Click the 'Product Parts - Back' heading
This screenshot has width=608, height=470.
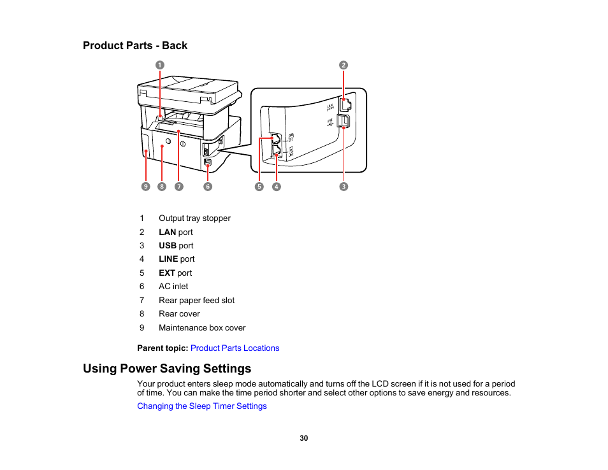(x=135, y=46)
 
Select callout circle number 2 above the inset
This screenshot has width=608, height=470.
(x=344, y=65)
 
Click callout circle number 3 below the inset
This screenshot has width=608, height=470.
(x=344, y=187)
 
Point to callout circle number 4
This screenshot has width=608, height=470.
(x=277, y=187)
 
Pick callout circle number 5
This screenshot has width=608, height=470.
(x=259, y=187)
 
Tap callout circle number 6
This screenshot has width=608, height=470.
(x=208, y=187)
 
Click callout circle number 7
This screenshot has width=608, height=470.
(x=178, y=187)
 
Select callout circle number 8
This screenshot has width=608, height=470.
(x=162, y=187)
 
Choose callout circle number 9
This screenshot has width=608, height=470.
(x=146, y=187)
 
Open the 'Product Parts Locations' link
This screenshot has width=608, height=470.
(x=235, y=348)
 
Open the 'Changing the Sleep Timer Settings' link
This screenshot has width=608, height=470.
(x=202, y=406)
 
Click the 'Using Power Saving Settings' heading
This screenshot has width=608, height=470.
(x=167, y=369)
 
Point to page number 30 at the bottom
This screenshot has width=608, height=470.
(x=304, y=438)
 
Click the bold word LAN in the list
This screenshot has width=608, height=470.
(x=167, y=232)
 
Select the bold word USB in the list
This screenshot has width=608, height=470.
(x=168, y=246)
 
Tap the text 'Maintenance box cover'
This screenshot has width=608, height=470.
(x=202, y=328)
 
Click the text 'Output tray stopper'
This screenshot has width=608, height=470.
(x=194, y=218)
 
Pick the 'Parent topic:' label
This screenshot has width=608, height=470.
(x=163, y=348)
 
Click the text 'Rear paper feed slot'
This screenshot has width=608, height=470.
(x=196, y=301)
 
